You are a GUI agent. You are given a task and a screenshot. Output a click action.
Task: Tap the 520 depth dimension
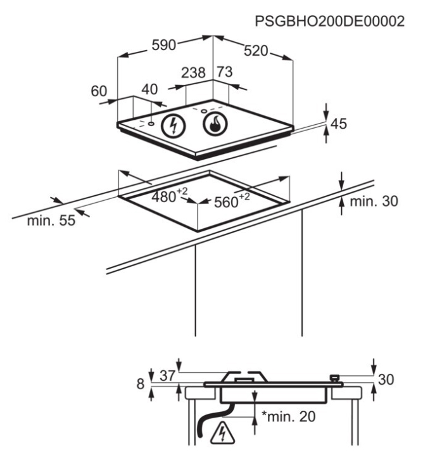coord(256,51)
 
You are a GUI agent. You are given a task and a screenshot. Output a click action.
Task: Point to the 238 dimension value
coord(193,73)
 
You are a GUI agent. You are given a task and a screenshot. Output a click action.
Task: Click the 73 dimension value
coord(224,73)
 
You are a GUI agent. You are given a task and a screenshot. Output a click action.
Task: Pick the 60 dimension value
coord(99,91)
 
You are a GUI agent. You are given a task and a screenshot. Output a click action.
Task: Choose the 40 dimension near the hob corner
coord(149,90)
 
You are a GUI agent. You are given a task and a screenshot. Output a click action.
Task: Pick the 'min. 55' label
coord(51,221)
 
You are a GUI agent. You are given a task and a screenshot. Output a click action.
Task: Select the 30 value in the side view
coord(386,380)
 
